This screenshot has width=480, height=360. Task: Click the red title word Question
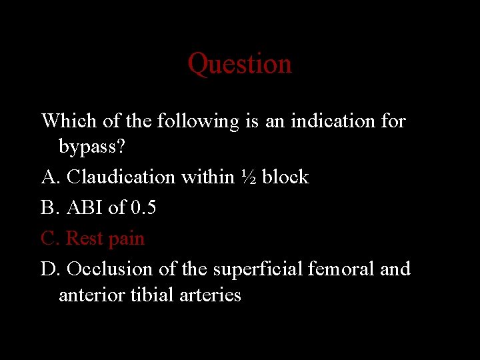pyautogui.click(x=239, y=64)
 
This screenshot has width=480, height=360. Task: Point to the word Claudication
pyautogui.click(x=121, y=177)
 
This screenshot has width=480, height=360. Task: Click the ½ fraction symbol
pyautogui.click(x=247, y=177)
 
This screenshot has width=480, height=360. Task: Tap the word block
pyautogui.click(x=285, y=177)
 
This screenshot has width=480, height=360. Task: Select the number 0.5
pyautogui.click(x=143, y=207)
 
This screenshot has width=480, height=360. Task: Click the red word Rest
pyautogui.click(x=84, y=238)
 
